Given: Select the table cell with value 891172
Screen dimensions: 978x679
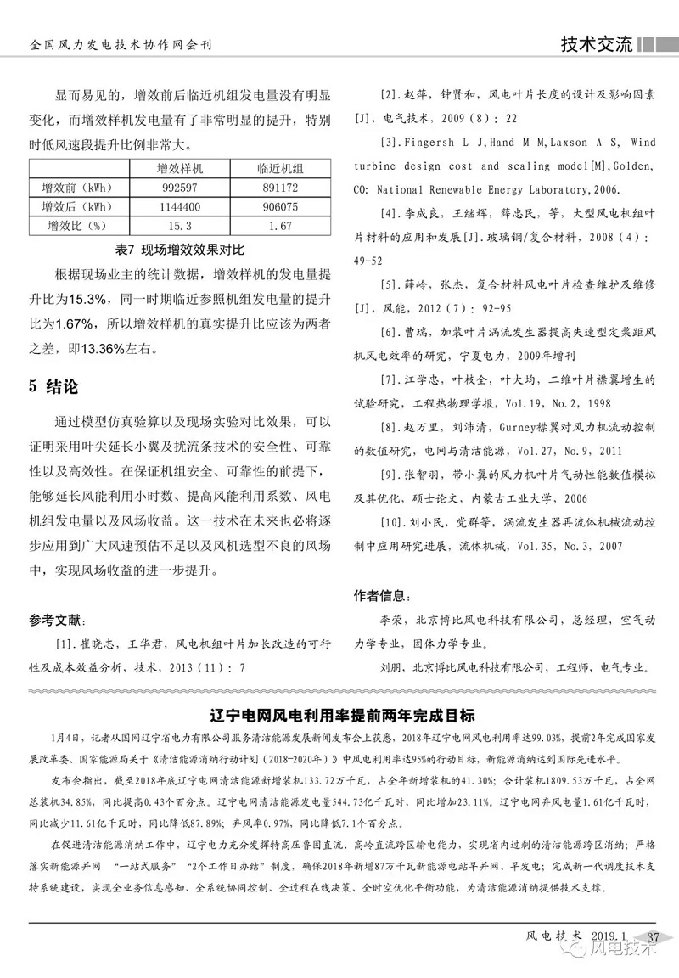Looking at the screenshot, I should coord(274,187).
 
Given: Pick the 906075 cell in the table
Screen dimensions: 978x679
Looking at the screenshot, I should coord(274,206).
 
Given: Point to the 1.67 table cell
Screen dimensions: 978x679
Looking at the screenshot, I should coord(274,226).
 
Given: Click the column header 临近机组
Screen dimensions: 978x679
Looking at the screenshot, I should coord(274,167).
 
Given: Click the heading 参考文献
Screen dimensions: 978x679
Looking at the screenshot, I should coord(57,618).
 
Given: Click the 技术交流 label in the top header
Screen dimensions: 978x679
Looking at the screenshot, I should coord(596,44).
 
